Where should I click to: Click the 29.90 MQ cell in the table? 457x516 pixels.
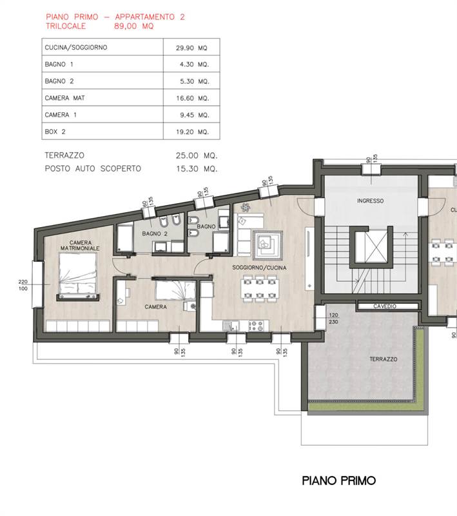tap(191, 48)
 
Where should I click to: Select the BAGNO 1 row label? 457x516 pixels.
tap(59, 64)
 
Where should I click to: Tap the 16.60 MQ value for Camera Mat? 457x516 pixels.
tap(192, 98)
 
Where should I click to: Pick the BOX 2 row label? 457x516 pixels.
tap(55, 132)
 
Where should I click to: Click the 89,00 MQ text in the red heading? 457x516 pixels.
tap(134, 26)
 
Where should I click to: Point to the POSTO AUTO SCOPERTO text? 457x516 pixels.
tap(93, 168)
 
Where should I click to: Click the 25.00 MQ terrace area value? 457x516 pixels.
tap(197, 155)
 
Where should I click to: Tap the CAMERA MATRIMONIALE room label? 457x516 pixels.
tap(80, 246)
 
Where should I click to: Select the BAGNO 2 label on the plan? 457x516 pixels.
tap(155, 233)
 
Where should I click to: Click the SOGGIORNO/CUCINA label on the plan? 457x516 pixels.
tap(259, 268)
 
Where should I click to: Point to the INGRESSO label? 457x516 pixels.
tap(370, 201)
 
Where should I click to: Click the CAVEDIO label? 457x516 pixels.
tap(385, 306)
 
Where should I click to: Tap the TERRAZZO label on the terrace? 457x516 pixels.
tap(384, 359)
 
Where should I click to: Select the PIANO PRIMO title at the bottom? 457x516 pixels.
tap(338, 481)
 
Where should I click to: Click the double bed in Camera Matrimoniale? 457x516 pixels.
tap(78, 273)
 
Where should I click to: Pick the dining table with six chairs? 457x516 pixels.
tap(260, 288)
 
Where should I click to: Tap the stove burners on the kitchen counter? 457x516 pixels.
tap(256, 326)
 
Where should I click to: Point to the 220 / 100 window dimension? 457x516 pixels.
tap(23, 285)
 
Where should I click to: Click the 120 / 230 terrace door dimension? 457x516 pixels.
tap(333, 318)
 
